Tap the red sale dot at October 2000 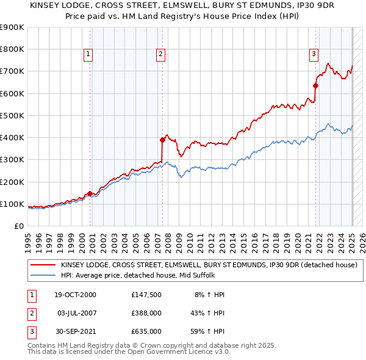point(90,193)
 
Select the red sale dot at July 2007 point(162,140)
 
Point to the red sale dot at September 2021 point(316,85)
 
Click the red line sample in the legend point(43,265)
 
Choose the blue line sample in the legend point(43,275)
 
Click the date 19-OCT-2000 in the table point(76,295)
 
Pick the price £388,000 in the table point(146,313)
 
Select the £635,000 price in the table point(146,331)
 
